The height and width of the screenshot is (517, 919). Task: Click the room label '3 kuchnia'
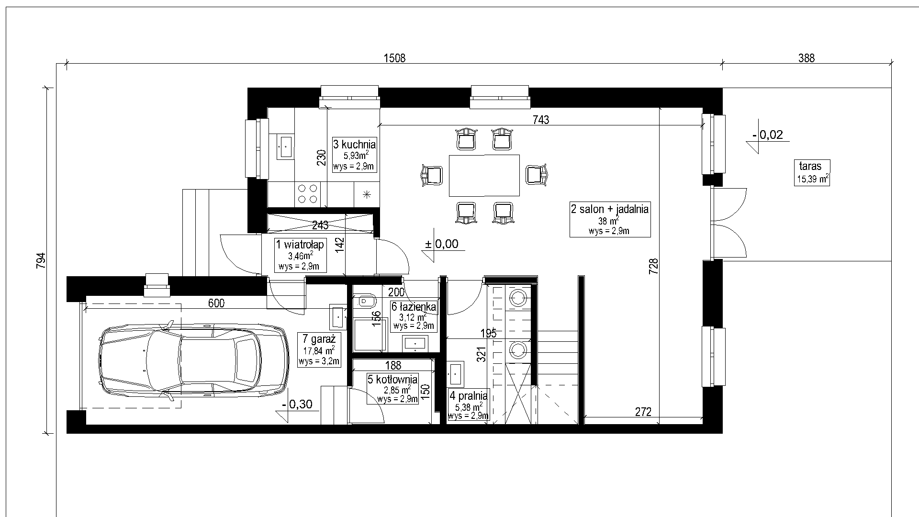(x=355, y=145)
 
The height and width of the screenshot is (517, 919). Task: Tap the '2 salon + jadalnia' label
(x=610, y=209)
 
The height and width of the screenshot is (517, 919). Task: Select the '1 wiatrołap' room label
(x=300, y=245)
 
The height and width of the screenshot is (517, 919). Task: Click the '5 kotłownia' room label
(x=393, y=380)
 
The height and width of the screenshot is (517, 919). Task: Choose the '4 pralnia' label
(x=469, y=396)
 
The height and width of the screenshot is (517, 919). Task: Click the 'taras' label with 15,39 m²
(x=810, y=166)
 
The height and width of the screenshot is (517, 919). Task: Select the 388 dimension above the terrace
(x=806, y=58)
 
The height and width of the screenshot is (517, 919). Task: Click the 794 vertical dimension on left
(x=41, y=261)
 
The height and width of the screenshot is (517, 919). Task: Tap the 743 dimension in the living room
(x=540, y=120)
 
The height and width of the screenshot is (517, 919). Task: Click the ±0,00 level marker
(x=441, y=244)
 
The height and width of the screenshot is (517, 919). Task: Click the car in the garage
(x=193, y=357)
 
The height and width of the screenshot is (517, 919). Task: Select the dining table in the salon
(x=484, y=175)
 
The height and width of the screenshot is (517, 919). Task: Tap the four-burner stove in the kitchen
(x=307, y=193)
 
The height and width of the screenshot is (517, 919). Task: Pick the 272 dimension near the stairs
(x=643, y=412)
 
